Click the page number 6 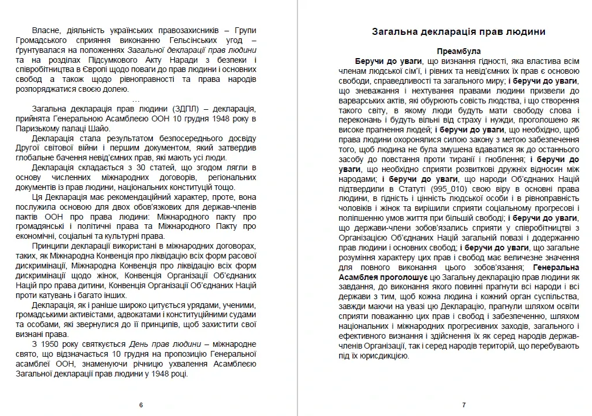(x=141, y=405)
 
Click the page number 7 (x=464, y=405)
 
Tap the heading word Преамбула (x=459, y=51)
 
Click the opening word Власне (x=47, y=30)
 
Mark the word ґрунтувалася (x=39, y=50)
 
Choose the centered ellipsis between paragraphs (x=136, y=99)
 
